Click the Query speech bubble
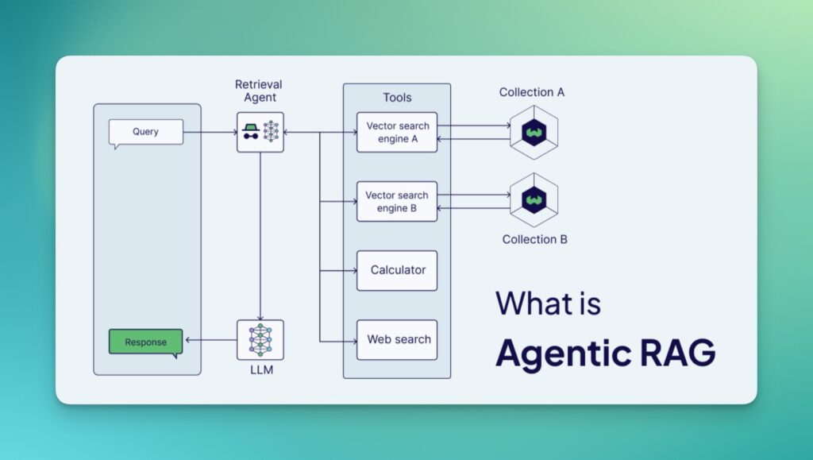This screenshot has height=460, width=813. click(x=146, y=132)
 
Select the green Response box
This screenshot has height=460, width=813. click(x=145, y=342)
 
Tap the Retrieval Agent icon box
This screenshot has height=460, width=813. click(x=260, y=132)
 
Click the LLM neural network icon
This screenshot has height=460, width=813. click(x=260, y=340)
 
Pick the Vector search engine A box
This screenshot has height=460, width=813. click(x=397, y=132)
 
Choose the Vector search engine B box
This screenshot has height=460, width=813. click(x=397, y=202)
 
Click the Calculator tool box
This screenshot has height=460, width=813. click(x=397, y=270)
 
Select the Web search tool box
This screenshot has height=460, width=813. click(x=397, y=339)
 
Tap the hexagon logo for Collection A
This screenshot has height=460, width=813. click(x=534, y=132)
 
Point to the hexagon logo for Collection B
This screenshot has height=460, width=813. click(x=534, y=200)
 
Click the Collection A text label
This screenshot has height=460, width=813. click(x=532, y=92)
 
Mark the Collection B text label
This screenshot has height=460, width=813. click(x=535, y=239)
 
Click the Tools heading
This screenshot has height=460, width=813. click(x=397, y=98)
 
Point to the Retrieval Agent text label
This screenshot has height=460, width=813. click(x=259, y=91)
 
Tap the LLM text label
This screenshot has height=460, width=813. click(x=260, y=370)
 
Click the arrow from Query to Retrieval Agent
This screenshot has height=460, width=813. click(x=210, y=132)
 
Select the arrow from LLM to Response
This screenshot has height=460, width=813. click(x=210, y=341)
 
